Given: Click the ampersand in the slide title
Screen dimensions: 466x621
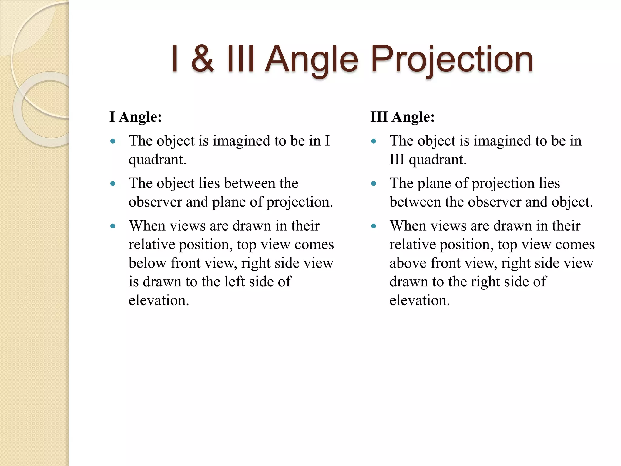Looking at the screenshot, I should [203, 59].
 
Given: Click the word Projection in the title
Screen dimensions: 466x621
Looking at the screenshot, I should [451, 59].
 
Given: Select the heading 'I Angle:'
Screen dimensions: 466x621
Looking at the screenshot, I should [136, 117].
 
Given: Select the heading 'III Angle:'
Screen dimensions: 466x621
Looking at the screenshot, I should [403, 117].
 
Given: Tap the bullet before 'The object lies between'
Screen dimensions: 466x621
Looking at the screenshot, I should [113, 184].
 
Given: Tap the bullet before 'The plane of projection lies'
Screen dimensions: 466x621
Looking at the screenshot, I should [374, 184].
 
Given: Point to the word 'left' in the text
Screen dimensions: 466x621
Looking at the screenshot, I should [235, 282].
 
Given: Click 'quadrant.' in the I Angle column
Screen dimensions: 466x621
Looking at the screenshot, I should [157, 160].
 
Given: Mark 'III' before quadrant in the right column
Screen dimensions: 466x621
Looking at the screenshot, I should [397, 160].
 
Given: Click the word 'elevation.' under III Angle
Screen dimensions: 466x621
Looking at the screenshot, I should [420, 300].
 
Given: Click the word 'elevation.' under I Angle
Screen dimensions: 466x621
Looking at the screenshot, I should [159, 300].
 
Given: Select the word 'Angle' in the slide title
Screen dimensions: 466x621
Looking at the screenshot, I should [312, 59].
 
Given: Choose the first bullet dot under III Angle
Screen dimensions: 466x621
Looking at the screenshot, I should [374, 141].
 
